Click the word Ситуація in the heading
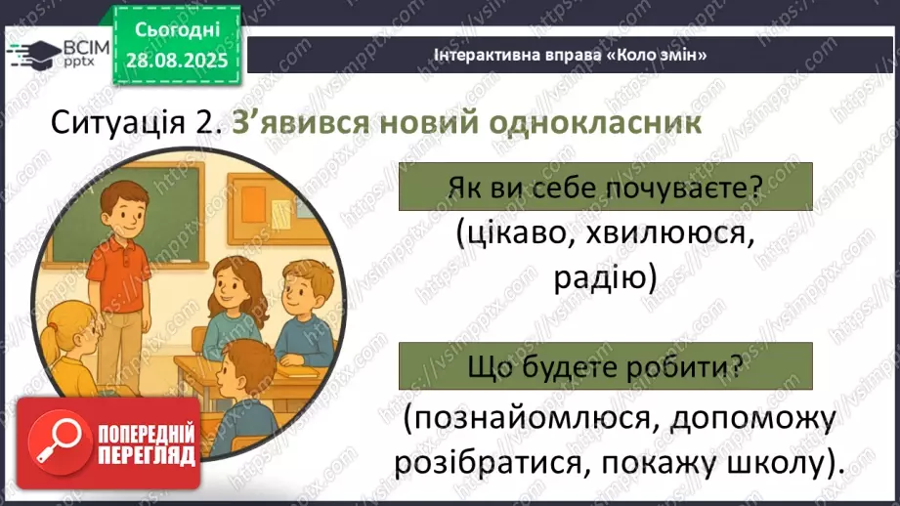(x=115, y=125)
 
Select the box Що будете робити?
(x=605, y=366)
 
